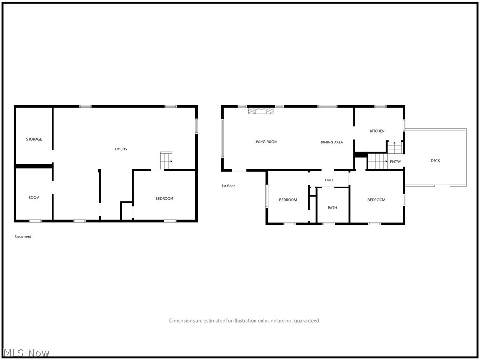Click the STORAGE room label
(34, 139)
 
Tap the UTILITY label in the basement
(121, 149)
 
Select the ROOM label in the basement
(34, 197)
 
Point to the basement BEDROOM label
(164, 198)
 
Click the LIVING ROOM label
(266, 142)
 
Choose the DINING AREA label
(331, 142)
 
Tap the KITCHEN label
(377, 131)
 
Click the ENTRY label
(396, 162)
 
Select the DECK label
(435, 161)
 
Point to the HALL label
(329, 180)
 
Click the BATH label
(332, 208)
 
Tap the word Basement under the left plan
(23, 237)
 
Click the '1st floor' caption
(228, 186)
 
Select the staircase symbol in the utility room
(166, 160)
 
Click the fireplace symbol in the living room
(260, 111)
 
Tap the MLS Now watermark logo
(26, 352)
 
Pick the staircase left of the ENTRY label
(377, 161)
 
